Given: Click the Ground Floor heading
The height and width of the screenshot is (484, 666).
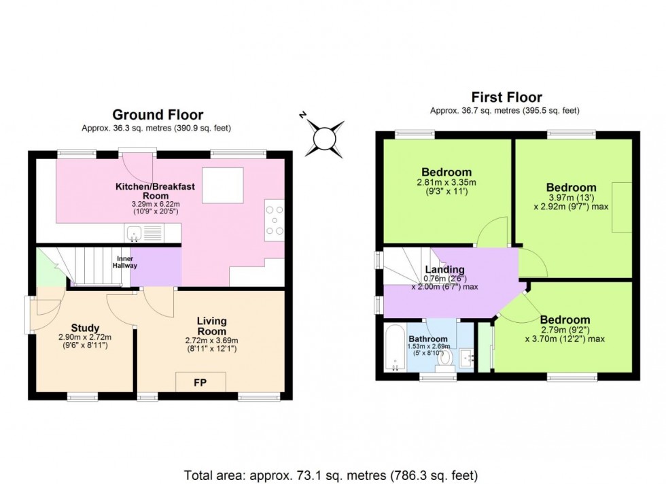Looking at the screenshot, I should click(x=158, y=114).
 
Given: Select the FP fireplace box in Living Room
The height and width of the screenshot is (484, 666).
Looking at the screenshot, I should click(x=200, y=382).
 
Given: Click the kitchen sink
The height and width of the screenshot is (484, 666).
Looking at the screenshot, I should click(x=142, y=234).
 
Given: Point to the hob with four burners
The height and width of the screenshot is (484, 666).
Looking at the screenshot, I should click(x=275, y=220).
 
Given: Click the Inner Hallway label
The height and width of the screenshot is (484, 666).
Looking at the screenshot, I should click(x=126, y=261).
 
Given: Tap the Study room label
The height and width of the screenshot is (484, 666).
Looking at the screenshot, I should click(x=85, y=328).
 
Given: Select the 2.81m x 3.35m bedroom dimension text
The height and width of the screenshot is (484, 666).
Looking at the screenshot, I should click(x=446, y=182).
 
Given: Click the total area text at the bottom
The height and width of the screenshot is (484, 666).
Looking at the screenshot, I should click(x=331, y=474).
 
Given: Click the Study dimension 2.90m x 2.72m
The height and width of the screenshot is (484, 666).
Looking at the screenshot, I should click(x=85, y=337).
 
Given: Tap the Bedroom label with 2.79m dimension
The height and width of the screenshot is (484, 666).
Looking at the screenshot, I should click(x=565, y=319).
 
